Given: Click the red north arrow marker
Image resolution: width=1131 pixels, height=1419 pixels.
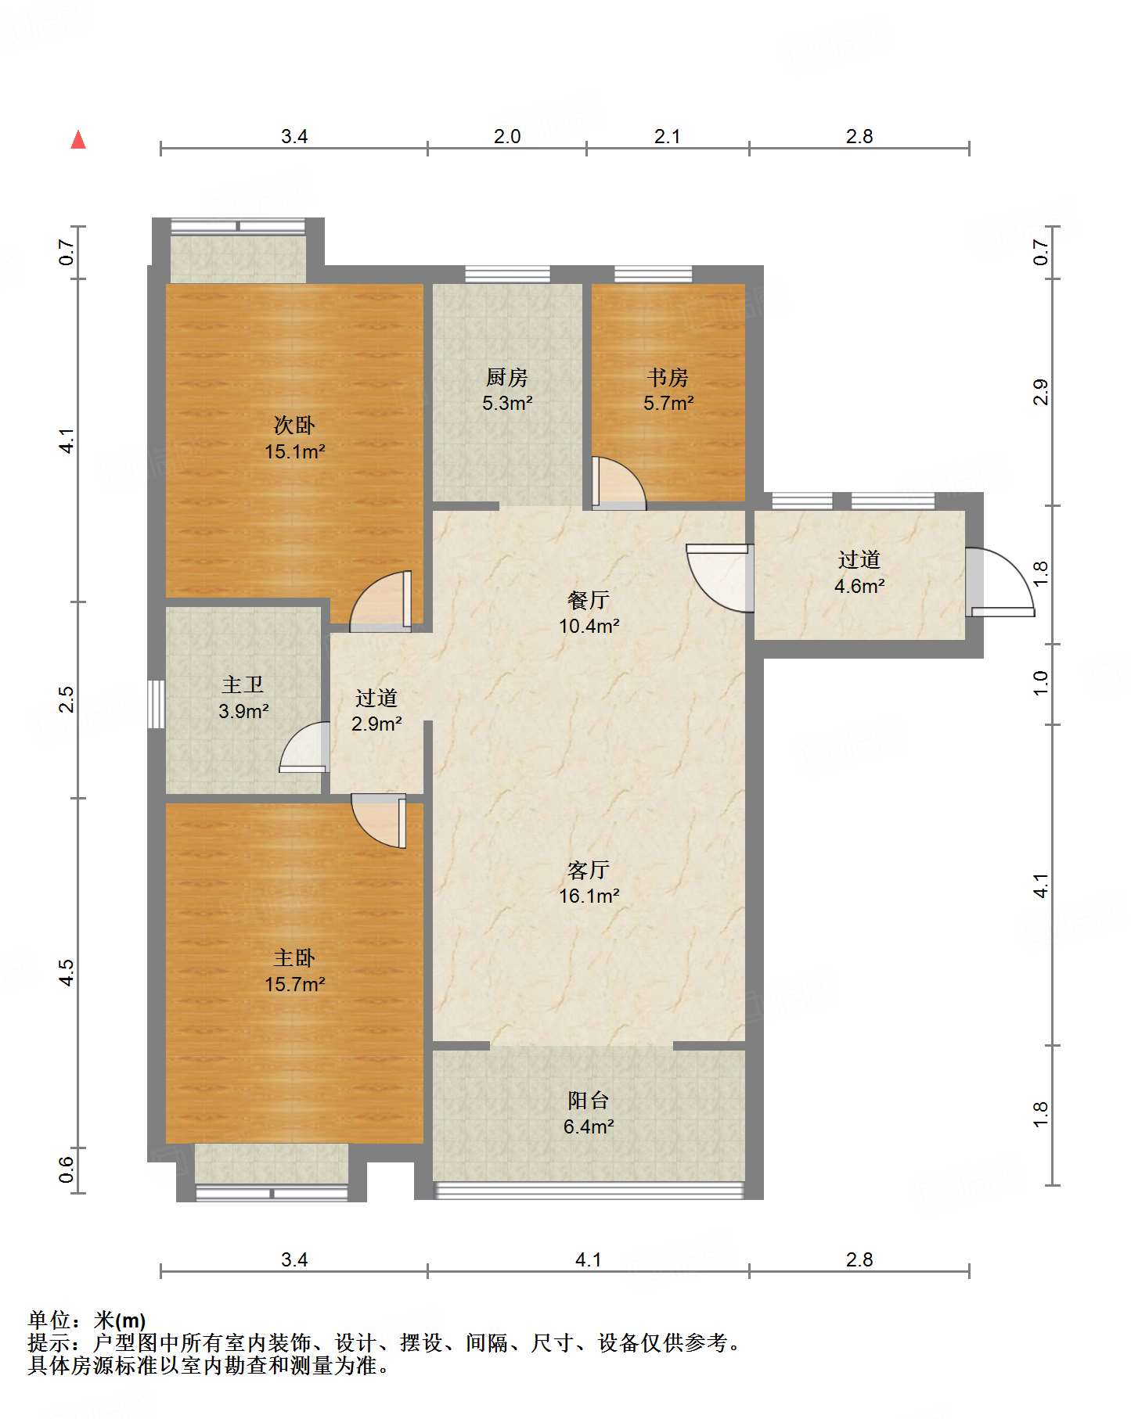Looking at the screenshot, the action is tap(78, 139).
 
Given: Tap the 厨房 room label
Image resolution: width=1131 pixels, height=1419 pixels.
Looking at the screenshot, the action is tap(507, 378).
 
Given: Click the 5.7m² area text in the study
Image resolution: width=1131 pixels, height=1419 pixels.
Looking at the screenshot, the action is tap(668, 404).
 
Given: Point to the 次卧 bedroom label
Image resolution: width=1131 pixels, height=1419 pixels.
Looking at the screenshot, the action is tap(294, 425).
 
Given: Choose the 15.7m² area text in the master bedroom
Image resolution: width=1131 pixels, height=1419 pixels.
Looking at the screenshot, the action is tap(294, 984).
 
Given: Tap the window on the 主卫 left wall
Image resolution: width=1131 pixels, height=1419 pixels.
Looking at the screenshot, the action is tap(157, 704).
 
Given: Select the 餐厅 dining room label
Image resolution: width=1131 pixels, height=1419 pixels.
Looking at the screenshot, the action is tap(589, 600).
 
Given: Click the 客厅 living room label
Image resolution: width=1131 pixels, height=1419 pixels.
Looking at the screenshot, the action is tap(589, 870).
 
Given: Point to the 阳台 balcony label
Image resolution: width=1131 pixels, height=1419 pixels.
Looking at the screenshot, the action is tap(589, 1101).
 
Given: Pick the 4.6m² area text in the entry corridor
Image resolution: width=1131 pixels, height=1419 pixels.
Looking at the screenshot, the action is tap(859, 586).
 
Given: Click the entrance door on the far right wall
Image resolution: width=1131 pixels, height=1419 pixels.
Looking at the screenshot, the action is tap(1000, 582).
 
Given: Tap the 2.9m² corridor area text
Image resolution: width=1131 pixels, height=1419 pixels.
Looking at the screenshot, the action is tap(376, 724).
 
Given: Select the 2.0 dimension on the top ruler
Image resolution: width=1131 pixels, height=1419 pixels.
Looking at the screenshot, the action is tap(507, 136).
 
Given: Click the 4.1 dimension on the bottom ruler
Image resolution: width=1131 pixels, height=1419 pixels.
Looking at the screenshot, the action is tap(588, 1259).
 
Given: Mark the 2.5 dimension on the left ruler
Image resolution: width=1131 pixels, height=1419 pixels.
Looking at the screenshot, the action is tap(67, 699).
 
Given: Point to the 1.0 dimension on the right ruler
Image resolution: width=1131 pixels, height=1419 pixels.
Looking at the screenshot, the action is tap(1040, 684).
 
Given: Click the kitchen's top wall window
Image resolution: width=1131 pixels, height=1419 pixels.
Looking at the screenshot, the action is tap(507, 275).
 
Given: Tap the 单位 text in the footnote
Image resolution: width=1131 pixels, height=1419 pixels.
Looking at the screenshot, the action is tap(49, 1320).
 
